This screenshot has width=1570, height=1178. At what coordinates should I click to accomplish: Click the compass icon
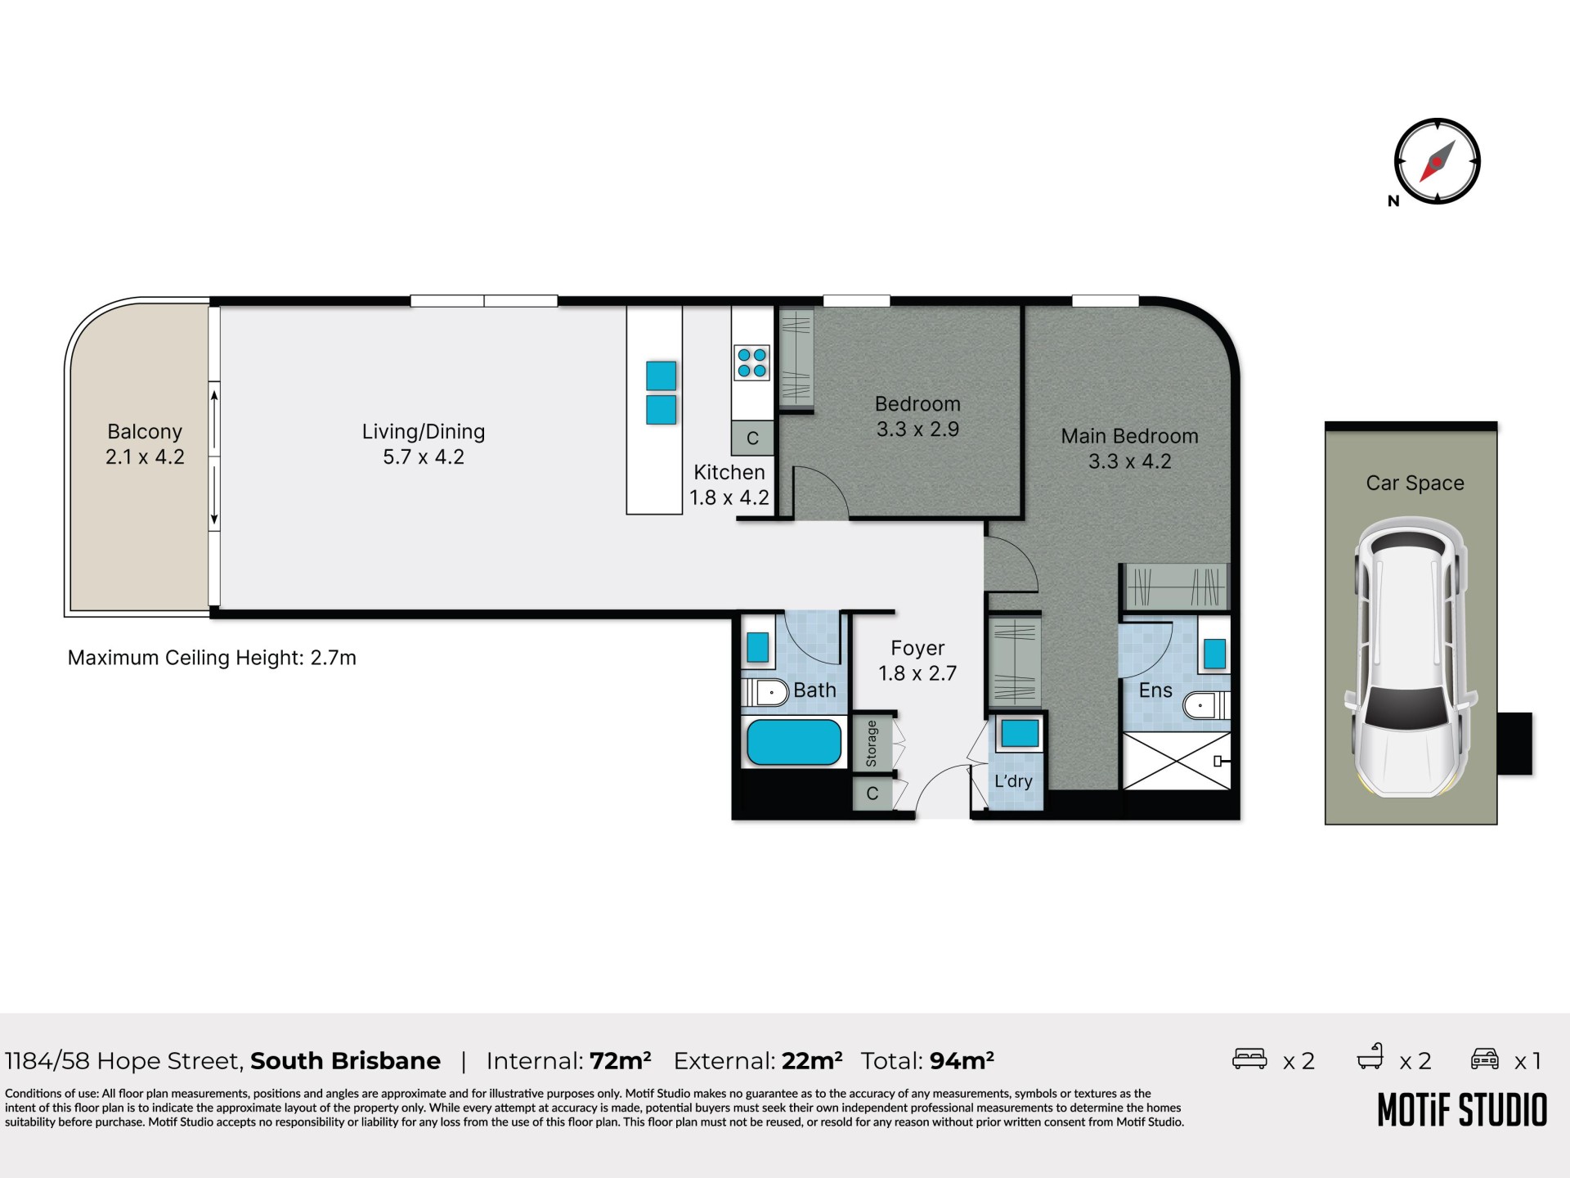[x=1437, y=161]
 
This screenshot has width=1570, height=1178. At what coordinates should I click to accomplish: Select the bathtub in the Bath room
[x=793, y=742]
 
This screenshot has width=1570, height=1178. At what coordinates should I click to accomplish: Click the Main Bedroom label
[x=1129, y=436]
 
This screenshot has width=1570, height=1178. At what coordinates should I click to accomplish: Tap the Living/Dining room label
[x=424, y=431]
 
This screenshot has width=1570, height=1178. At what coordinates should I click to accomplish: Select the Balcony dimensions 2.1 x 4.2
[x=145, y=456]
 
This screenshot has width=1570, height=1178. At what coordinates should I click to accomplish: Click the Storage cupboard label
[x=872, y=744]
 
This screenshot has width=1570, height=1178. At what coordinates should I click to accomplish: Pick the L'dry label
[x=1013, y=781]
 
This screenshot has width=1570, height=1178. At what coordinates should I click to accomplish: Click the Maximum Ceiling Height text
[x=212, y=658]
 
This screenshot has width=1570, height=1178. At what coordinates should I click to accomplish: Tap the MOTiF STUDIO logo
[x=1462, y=1110]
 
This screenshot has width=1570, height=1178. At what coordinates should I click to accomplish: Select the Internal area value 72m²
[x=620, y=1060]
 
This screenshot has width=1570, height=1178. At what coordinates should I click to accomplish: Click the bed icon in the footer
[x=1249, y=1059]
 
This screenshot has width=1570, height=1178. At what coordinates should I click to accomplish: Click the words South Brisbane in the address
[x=345, y=1061]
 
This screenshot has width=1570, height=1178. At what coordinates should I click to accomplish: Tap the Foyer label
[x=917, y=648]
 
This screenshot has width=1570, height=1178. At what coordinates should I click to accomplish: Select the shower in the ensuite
[x=1177, y=761]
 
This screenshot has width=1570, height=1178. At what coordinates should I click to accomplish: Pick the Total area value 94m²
[x=962, y=1060]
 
